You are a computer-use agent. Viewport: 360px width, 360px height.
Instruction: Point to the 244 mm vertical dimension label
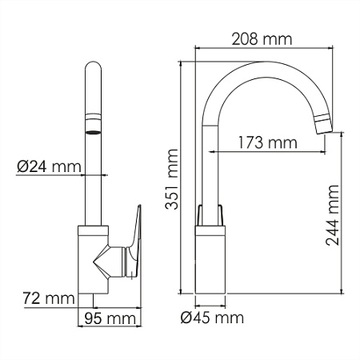pos(334,218)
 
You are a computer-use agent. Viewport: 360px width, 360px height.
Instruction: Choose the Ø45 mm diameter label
pos(212,318)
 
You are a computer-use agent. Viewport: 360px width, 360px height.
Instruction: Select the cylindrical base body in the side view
pos(212,260)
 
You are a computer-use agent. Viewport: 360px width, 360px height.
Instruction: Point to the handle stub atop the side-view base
pos(211,215)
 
